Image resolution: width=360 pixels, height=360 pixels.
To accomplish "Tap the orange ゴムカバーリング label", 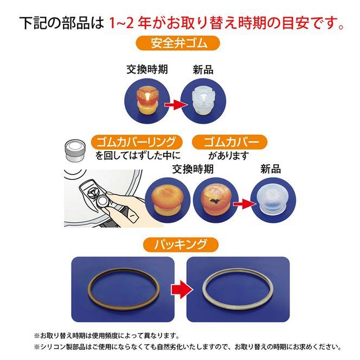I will pos(136,143).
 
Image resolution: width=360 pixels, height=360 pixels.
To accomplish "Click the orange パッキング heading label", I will pos(180,243).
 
